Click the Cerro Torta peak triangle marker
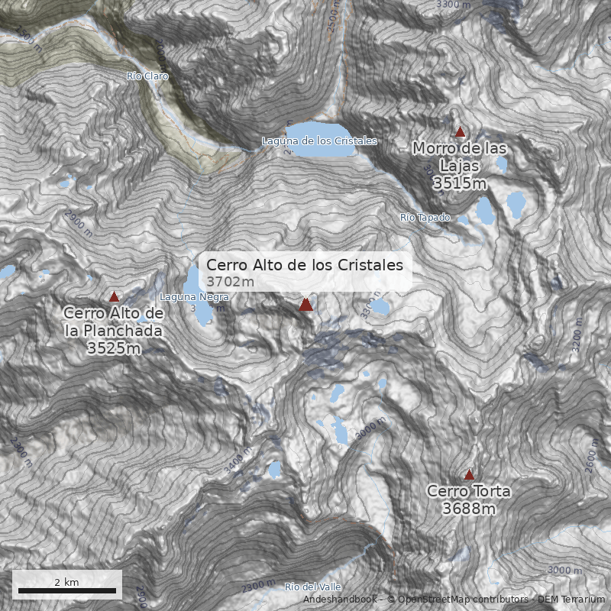[469, 474]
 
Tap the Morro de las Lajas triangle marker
[460, 132]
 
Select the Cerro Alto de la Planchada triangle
[115, 297]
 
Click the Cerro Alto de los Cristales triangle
[306, 305]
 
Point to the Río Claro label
[147, 76]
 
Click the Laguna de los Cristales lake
[320, 139]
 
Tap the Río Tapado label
[425, 218]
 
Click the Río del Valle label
[312, 587]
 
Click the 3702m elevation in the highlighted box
[230, 282]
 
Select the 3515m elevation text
[459, 183]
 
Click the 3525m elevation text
[114, 348]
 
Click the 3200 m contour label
[577, 341]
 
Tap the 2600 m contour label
[592, 456]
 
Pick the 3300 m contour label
[453, 5]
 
